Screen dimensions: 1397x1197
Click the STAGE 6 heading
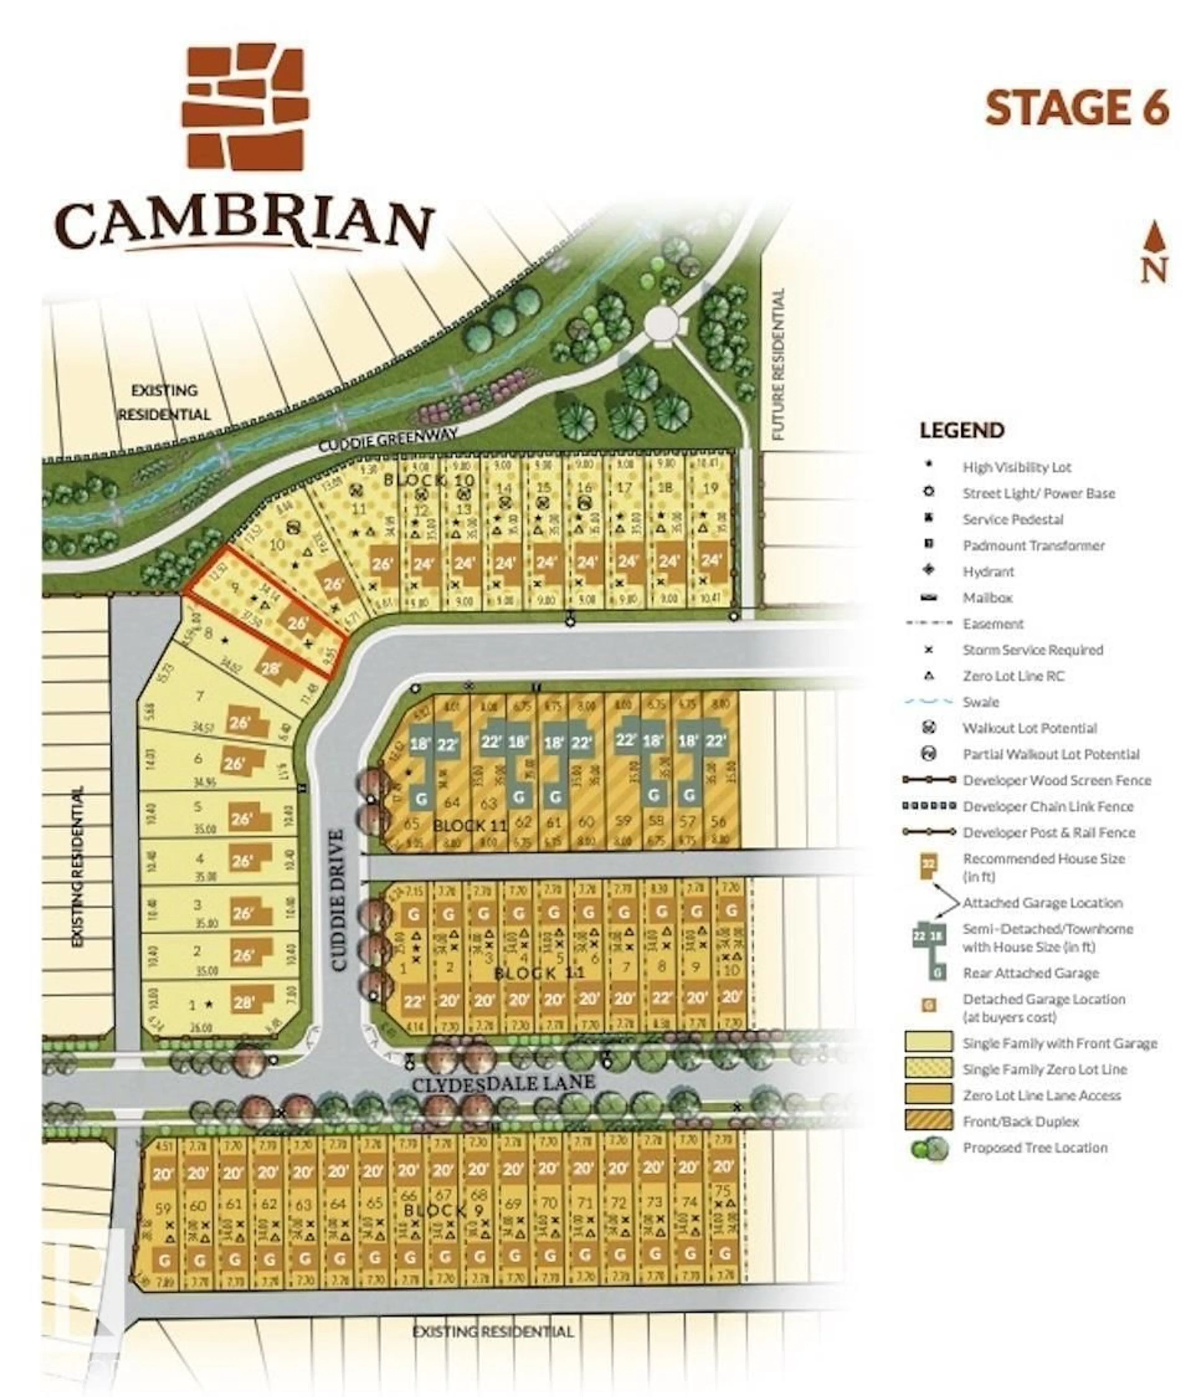pos(1076,108)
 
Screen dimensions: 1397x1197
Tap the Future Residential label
pos(778,364)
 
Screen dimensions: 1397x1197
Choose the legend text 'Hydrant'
pos(988,572)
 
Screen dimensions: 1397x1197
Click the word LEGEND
pos(962,430)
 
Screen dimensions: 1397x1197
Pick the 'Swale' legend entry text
pos(981,702)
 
